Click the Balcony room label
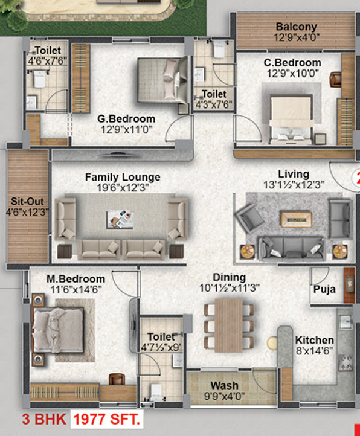pyautogui.click(x=297, y=27)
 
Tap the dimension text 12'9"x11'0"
pyautogui.click(x=127, y=129)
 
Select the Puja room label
pyautogui.click(x=324, y=289)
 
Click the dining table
pyautogui.click(x=229, y=325)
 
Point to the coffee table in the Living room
pyautogui.click(x=296, y=219)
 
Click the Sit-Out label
pyautogui.click(x=27, y=201)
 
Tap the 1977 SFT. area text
pyautogui.click(x=106, y=419)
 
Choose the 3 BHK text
pyautogui.click(x=44, y=419)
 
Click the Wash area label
pyautogui.click(x=224, y=385)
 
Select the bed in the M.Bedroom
pyautogui.click(x=59, y=330)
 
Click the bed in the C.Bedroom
pyautogui.click(x=291, y=119)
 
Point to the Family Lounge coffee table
pyautogui.click(x=120, y=219)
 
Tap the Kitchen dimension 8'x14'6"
pyautogui.click(x=314, y=351)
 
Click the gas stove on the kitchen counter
pyautogui.click(x=346, y=363)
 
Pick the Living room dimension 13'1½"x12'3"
pyautogui.click(x=294, y=184)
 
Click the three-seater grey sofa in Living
pyautogui.click(x=291, y=249)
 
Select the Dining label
pyautogui.click(x=230, y=277)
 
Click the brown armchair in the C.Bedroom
pyautogui.click(x=335, y=80)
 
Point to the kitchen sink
pyautogui.click(x=345, y=322)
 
